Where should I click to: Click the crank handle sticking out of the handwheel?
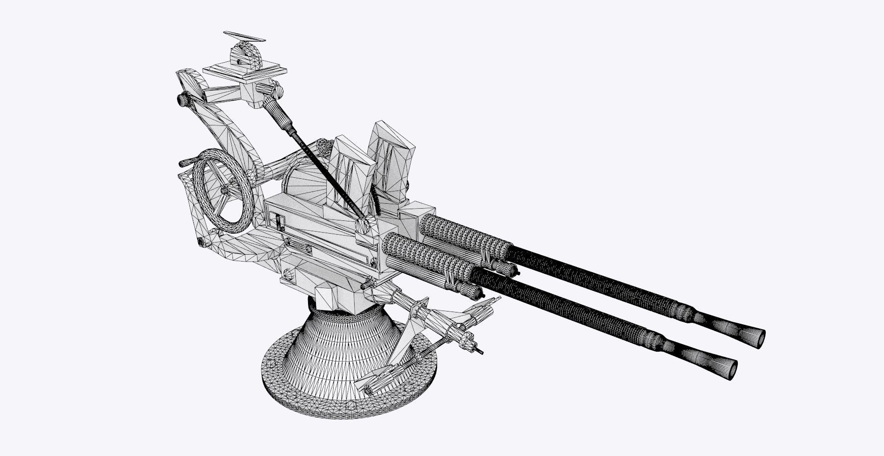(185, 161)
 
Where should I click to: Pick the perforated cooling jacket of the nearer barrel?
(427, 255)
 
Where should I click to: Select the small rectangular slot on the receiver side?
(279, 223)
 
